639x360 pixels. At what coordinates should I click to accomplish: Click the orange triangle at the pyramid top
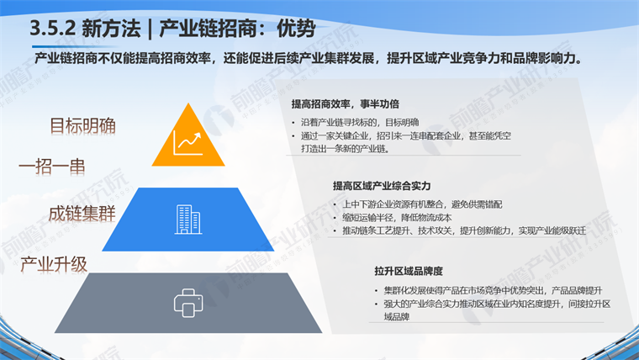pyautogui.click(x=188, y=140)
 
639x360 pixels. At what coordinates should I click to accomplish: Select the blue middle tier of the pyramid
pyautogui.click(x=187, y=220)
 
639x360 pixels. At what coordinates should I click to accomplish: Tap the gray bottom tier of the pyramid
pyautogui.click(x=188, y=303)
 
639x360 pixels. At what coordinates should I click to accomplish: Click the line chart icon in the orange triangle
pyautogui.click(x=187, y=144)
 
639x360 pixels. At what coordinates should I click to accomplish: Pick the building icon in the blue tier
pyautogui.click(x=188, y=220)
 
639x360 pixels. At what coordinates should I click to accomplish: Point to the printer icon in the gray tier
pyautogui.click(x=188, y=303)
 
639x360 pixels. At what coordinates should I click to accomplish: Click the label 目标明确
pyautogui.click(x=82, y=126)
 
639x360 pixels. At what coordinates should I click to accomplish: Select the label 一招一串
pyautogui.click(x=52, y=167)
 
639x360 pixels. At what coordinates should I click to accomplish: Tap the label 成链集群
pyautogui.click(x=82, y=214)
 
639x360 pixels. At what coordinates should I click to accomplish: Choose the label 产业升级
pyautogui.click(x=54, y=265)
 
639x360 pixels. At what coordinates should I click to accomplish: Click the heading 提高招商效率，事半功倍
pyautogui.click(x=346, y=104)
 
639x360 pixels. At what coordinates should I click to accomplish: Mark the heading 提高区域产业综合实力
pyautogui.click(x=382, y=186)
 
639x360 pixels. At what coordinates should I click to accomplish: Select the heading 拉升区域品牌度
pyautogui.click(x=409, y=271)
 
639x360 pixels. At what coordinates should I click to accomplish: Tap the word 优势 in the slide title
pyautogui.click(x=296, y=29)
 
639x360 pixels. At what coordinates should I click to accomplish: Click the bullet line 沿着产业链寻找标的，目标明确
pyautogui.click(x=360, y=122)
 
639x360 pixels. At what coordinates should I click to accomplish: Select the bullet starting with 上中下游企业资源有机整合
pyautogui.click(x=422, y=204)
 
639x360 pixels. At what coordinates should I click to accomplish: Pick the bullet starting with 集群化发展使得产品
pyautogui.click(x=493, y=290)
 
